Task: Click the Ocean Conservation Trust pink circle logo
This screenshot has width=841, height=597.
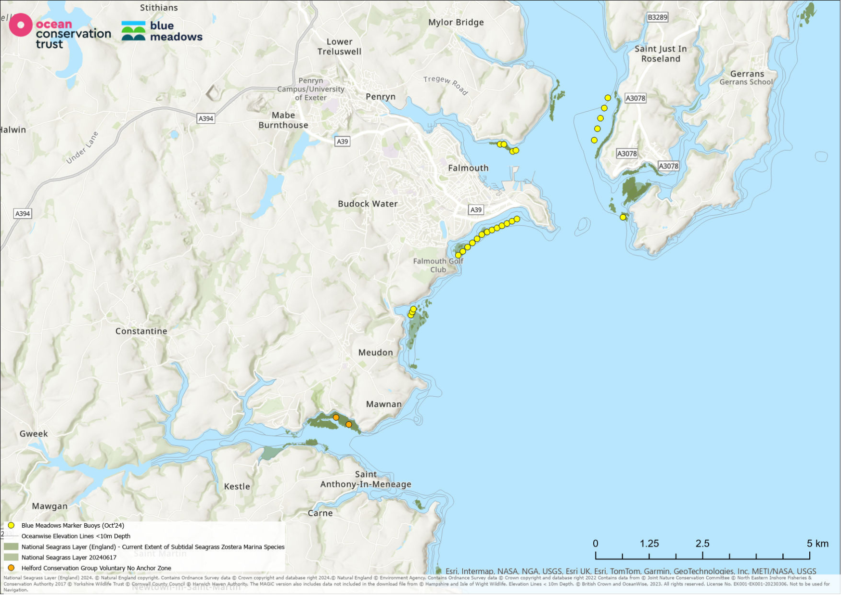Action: tap(21, 25)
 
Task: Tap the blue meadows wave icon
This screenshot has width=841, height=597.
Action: tap(133, 31)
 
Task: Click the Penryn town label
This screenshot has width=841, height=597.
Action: tap(380, 97)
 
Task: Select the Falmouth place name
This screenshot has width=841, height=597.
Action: tap(468, 168)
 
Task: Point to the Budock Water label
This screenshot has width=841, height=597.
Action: tap(368, 204)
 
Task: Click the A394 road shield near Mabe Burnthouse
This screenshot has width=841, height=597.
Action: tap(205, 118)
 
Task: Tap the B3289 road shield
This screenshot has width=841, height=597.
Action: tap(657, 17)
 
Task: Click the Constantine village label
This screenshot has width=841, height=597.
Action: tap(141, 331)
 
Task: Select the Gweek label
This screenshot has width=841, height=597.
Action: tap(34, 434)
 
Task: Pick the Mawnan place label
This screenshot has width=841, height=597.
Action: tap(383, 404)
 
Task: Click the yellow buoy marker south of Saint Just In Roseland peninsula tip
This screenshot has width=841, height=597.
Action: tap(623, 218)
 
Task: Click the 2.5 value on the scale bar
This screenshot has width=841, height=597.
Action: tap(702, 544)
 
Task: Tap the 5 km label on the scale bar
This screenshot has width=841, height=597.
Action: tap(817, 544)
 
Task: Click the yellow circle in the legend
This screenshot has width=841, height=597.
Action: tap(11, 526)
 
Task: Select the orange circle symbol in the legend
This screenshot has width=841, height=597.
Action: tap(11, 568)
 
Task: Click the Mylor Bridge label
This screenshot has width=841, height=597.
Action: tap(456, 22)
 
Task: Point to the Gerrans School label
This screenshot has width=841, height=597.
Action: tap(745, 82)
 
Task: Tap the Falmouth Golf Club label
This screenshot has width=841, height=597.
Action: tap(438, 265)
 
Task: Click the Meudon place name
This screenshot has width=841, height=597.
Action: tap(375, 352)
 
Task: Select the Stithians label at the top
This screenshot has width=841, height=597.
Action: tap(159, 8)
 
